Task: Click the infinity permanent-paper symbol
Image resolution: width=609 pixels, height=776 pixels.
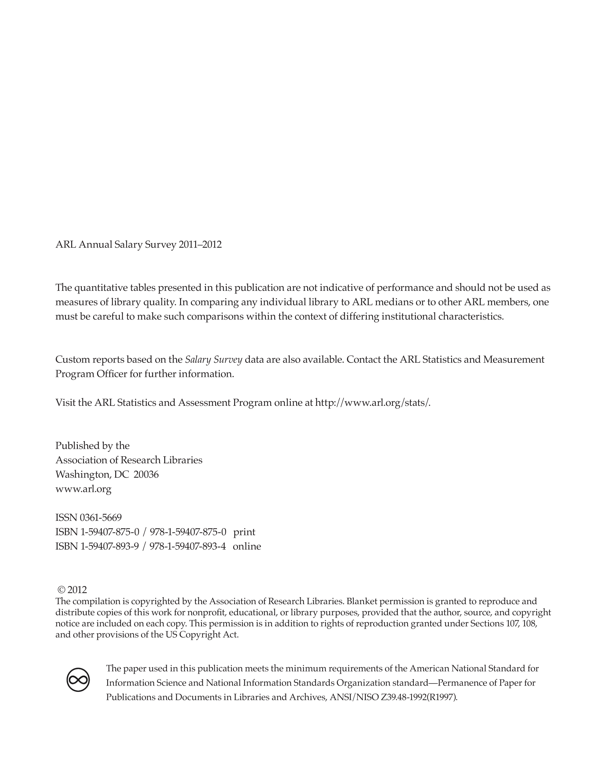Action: [x=78, y=680]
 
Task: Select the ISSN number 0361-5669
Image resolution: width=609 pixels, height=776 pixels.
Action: [x=101, y=517]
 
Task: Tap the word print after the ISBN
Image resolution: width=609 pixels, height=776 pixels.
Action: [x=244, y=532]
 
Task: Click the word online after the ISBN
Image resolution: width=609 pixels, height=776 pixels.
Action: [x=247, y=546]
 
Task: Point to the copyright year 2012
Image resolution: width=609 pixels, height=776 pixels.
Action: [x=77, y=590]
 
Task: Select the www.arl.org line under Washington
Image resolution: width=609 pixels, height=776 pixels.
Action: [x=83, y=489]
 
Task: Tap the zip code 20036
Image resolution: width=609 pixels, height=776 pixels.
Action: [x=146, y=474]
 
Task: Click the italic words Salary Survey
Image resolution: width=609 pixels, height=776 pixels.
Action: [x=214, y=359]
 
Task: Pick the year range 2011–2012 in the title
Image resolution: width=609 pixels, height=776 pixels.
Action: [x=200, y=244]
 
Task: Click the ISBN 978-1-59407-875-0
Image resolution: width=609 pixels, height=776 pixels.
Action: [x=188, y=532]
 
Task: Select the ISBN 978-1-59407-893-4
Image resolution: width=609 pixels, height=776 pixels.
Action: [x=187, y=546]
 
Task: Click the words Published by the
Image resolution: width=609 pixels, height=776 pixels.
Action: [x=92, y=445]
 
